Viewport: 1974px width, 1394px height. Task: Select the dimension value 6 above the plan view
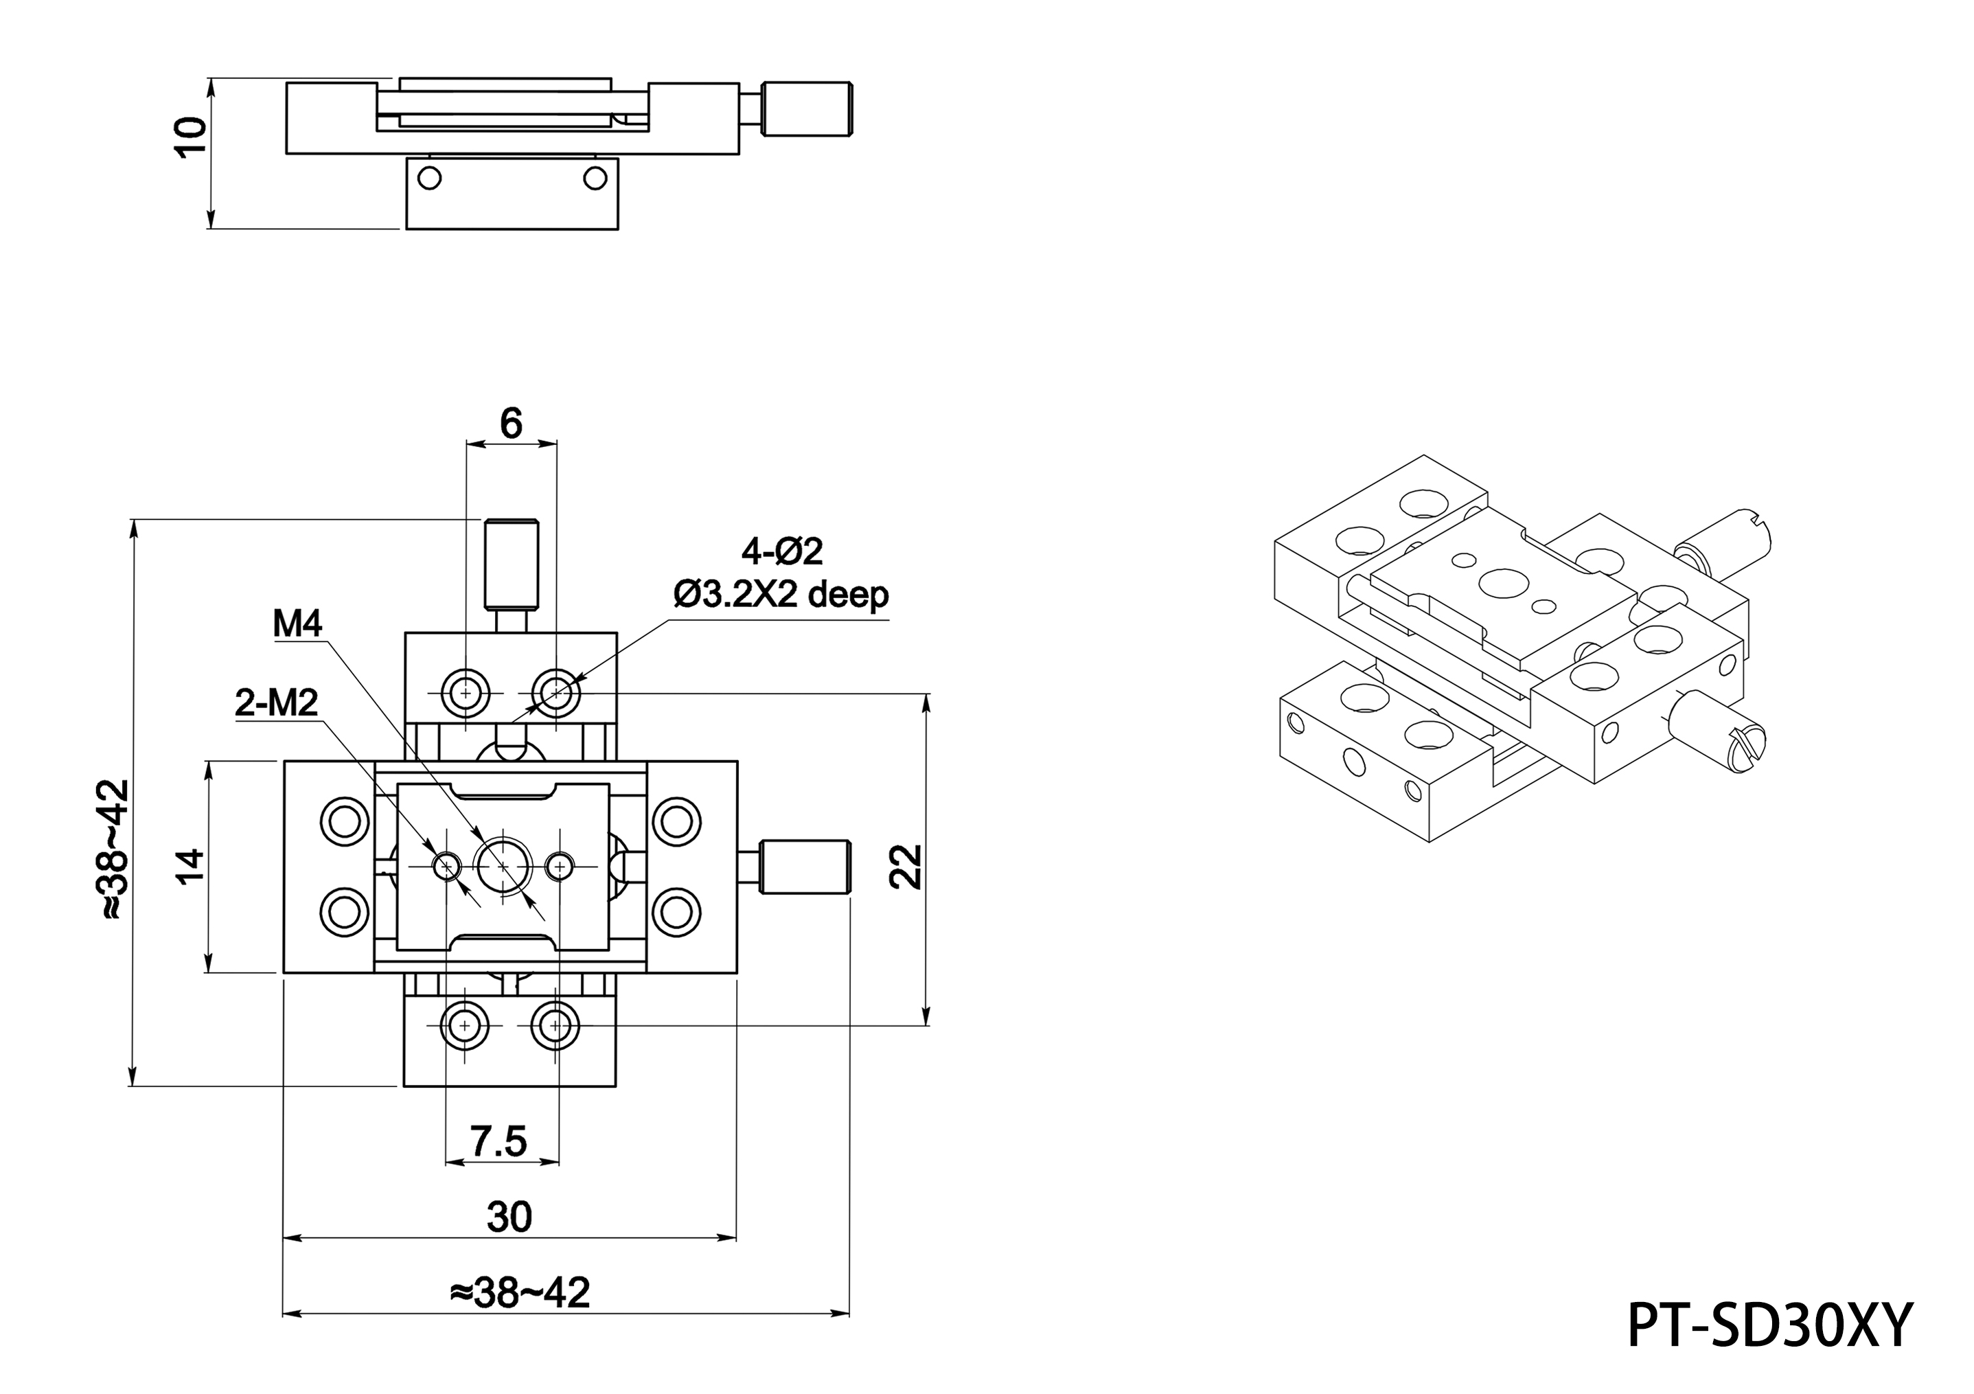(511, 423)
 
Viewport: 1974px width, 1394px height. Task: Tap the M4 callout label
(297, 624)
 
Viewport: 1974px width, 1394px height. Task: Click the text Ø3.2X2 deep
(781, 593)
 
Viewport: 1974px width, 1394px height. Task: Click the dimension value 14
(190, 865)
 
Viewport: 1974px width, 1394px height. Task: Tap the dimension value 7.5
(498, 1141)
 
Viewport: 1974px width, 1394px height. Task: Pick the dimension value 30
(509, 1217)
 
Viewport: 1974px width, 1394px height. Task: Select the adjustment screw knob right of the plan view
(805, 866)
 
